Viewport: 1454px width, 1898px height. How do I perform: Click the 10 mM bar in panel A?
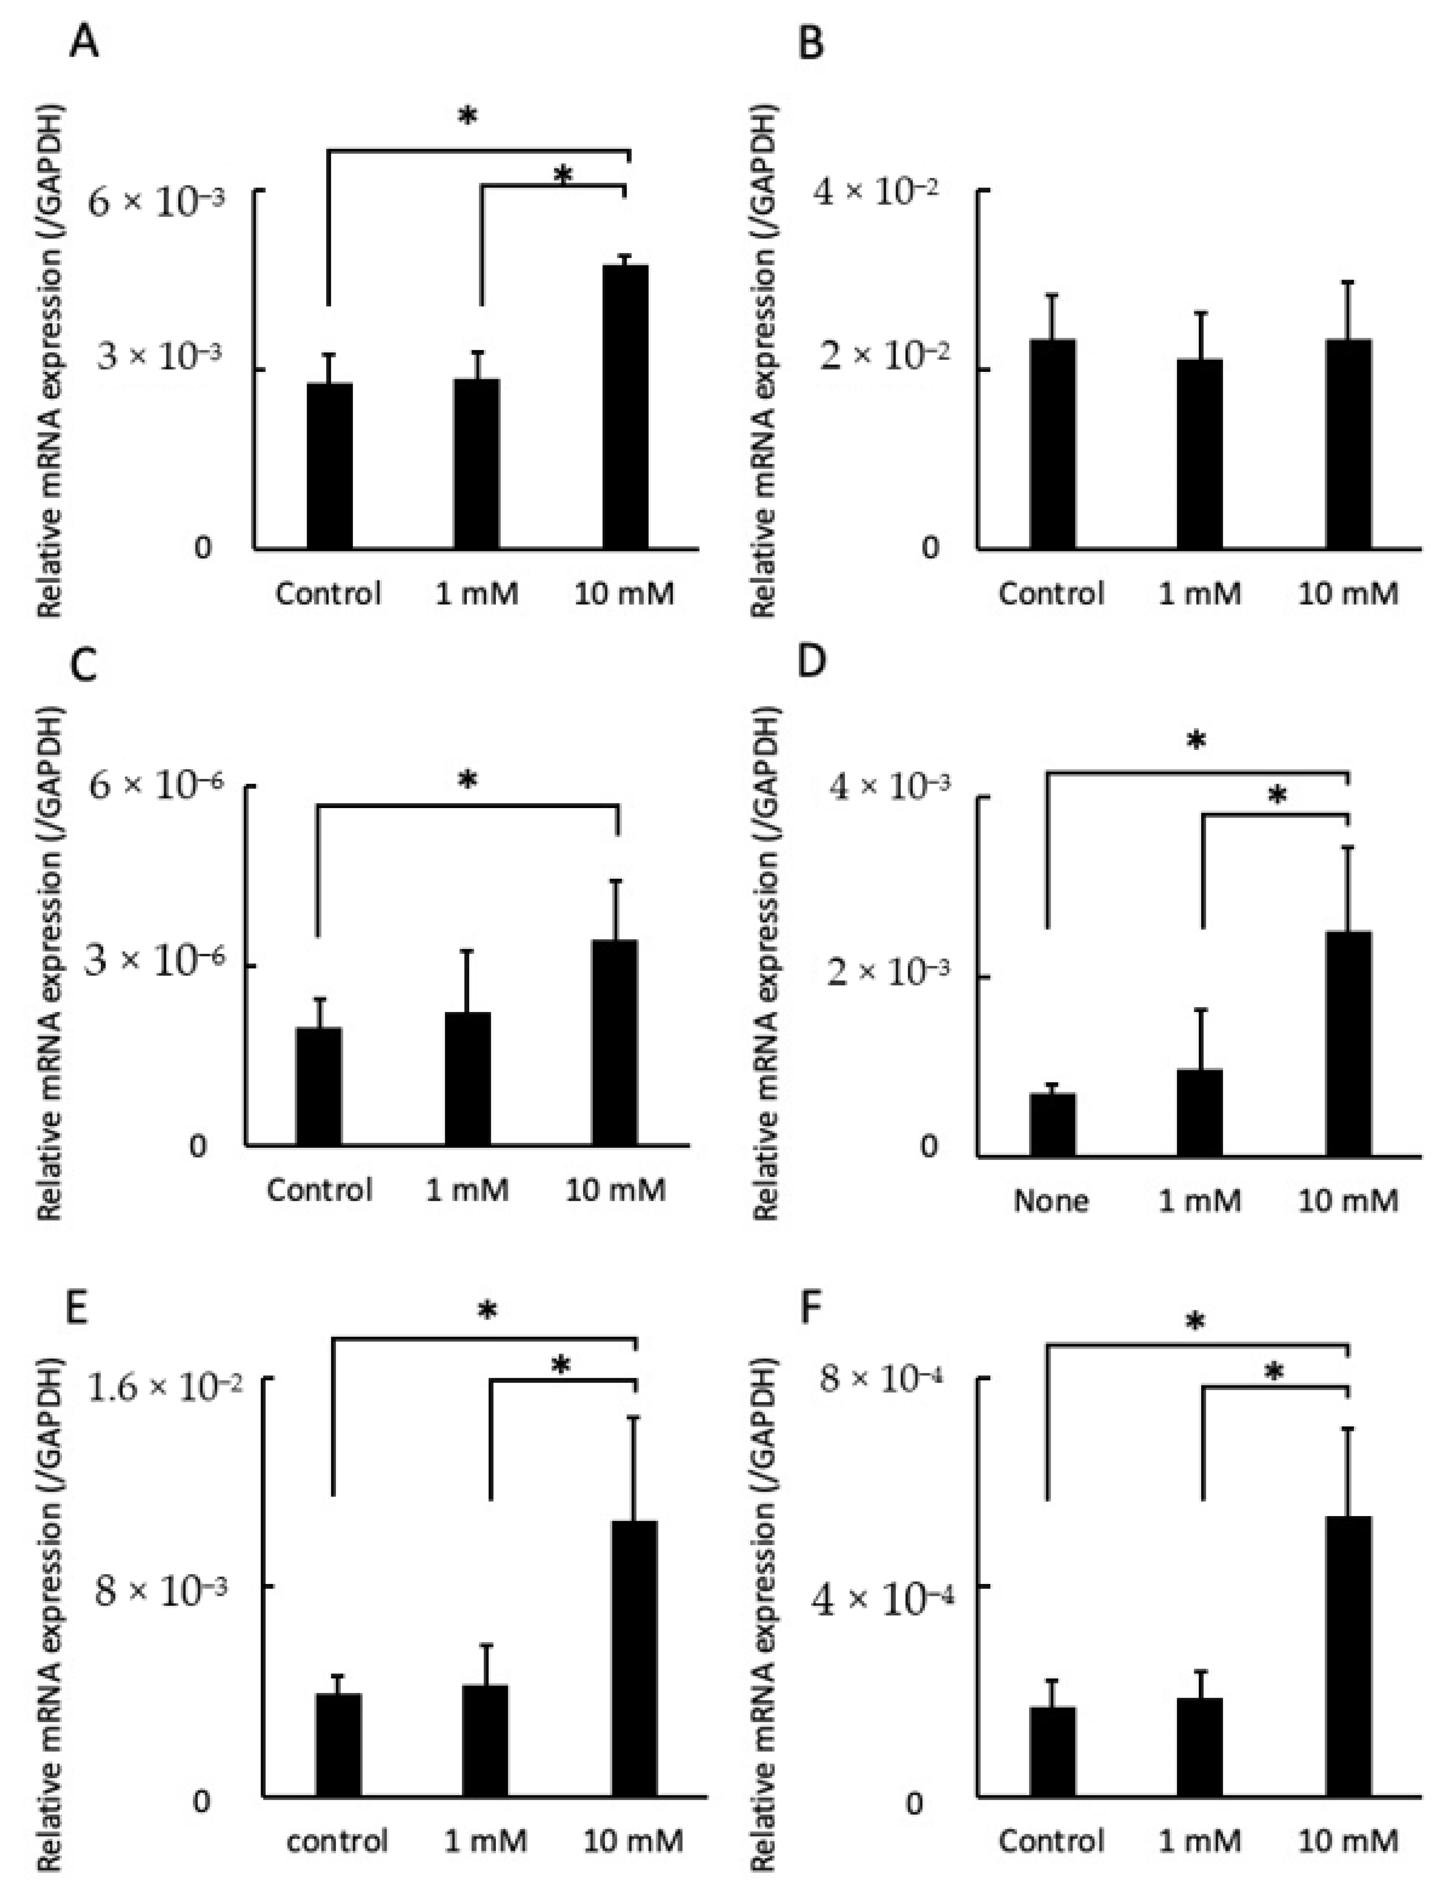[625, 407]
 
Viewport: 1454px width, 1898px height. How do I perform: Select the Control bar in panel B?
[1052, 443]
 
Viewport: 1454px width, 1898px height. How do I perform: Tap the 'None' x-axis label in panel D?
[1052, 1200]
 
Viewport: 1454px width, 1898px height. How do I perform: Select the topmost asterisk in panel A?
[467, 117]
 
